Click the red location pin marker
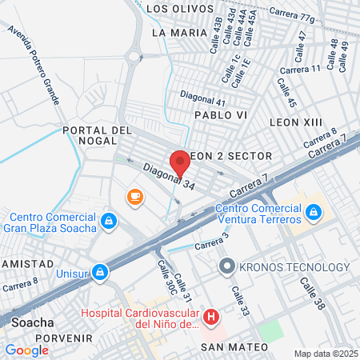180,162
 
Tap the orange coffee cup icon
134,196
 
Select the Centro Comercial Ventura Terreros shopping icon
314,211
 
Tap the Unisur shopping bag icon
99,272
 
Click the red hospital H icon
211,318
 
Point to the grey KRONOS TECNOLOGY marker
227,266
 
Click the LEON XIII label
296,122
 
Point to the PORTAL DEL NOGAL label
96,136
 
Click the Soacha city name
33,322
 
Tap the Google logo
26,350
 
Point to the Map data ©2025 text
325,354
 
